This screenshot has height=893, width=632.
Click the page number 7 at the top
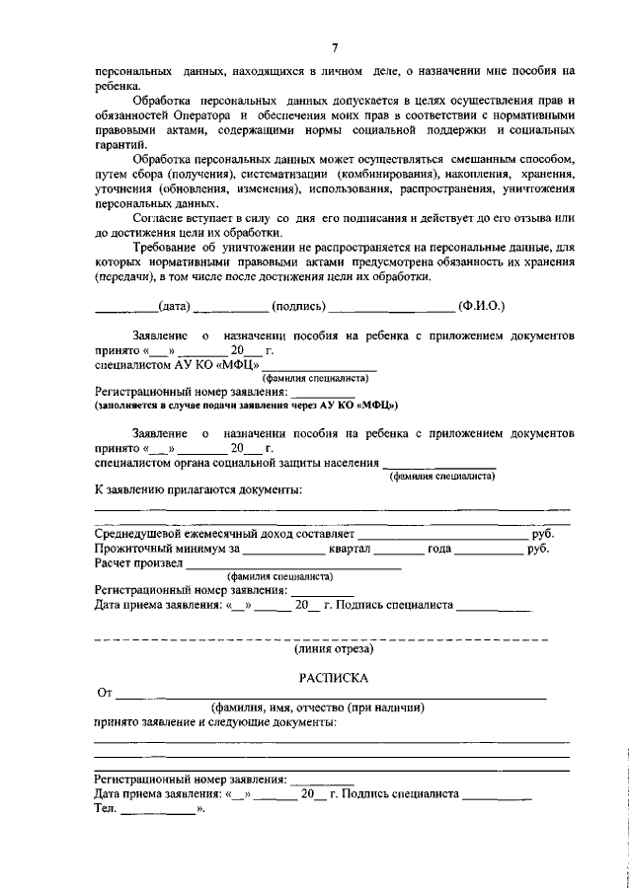tap(335, 47)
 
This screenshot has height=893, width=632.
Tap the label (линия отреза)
tap(334, 649)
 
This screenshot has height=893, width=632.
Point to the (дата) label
tap(175, 305)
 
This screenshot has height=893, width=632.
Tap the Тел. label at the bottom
tap(105, 808)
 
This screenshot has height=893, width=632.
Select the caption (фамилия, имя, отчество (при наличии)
tap(317, 707)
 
